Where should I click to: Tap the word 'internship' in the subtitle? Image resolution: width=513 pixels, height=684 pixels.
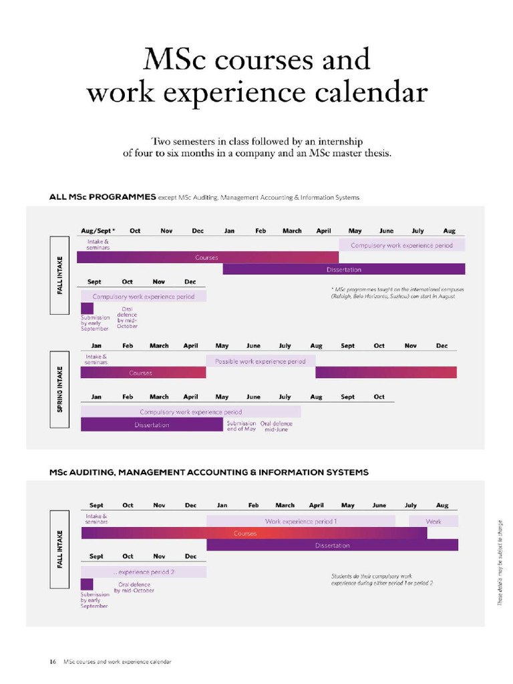coord(340,142)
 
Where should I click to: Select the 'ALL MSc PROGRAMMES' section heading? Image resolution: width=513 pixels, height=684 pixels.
coord(102,197)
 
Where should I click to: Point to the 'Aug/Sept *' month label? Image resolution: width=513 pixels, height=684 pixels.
coord(98,230)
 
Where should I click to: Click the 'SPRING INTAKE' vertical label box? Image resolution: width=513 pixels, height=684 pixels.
coord(59,389)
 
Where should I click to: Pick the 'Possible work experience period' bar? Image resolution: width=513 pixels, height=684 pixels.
coord(261,361)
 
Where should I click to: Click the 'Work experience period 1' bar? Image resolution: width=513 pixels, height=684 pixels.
coord(301,521)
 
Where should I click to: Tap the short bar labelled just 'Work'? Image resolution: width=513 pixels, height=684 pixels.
coord(434,521)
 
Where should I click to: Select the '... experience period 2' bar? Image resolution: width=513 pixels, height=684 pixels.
coord(144,572)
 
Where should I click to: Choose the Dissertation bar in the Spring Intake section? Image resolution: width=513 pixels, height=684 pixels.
coord(152,425)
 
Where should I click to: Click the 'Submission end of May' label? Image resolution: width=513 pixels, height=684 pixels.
coord(241,426)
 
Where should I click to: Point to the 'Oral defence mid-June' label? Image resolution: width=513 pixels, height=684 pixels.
coord(276,427)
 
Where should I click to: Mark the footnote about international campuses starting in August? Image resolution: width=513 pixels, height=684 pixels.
coord(397,293)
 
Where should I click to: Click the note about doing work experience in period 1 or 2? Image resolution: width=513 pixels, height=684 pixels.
coord(381,579)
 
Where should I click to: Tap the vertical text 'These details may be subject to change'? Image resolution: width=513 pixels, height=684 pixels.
coord(500,562)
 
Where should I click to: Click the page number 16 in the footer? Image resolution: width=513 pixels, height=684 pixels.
coord(53,662)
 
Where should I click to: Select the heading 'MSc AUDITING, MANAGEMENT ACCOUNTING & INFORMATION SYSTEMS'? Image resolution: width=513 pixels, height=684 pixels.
coord(209,472)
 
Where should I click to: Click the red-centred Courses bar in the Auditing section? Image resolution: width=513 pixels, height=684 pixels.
coord(254,533)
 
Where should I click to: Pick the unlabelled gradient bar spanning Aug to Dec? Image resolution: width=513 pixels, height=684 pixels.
coord(386,373)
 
